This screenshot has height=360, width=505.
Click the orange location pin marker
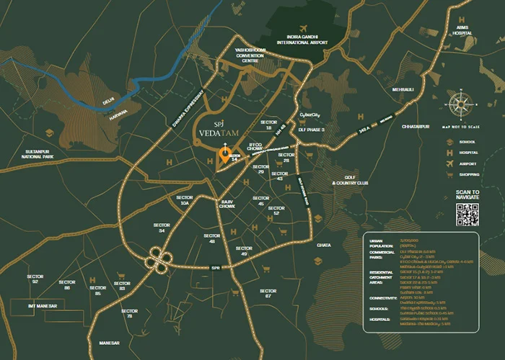[224, 155]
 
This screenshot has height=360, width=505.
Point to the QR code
[467, 215]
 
